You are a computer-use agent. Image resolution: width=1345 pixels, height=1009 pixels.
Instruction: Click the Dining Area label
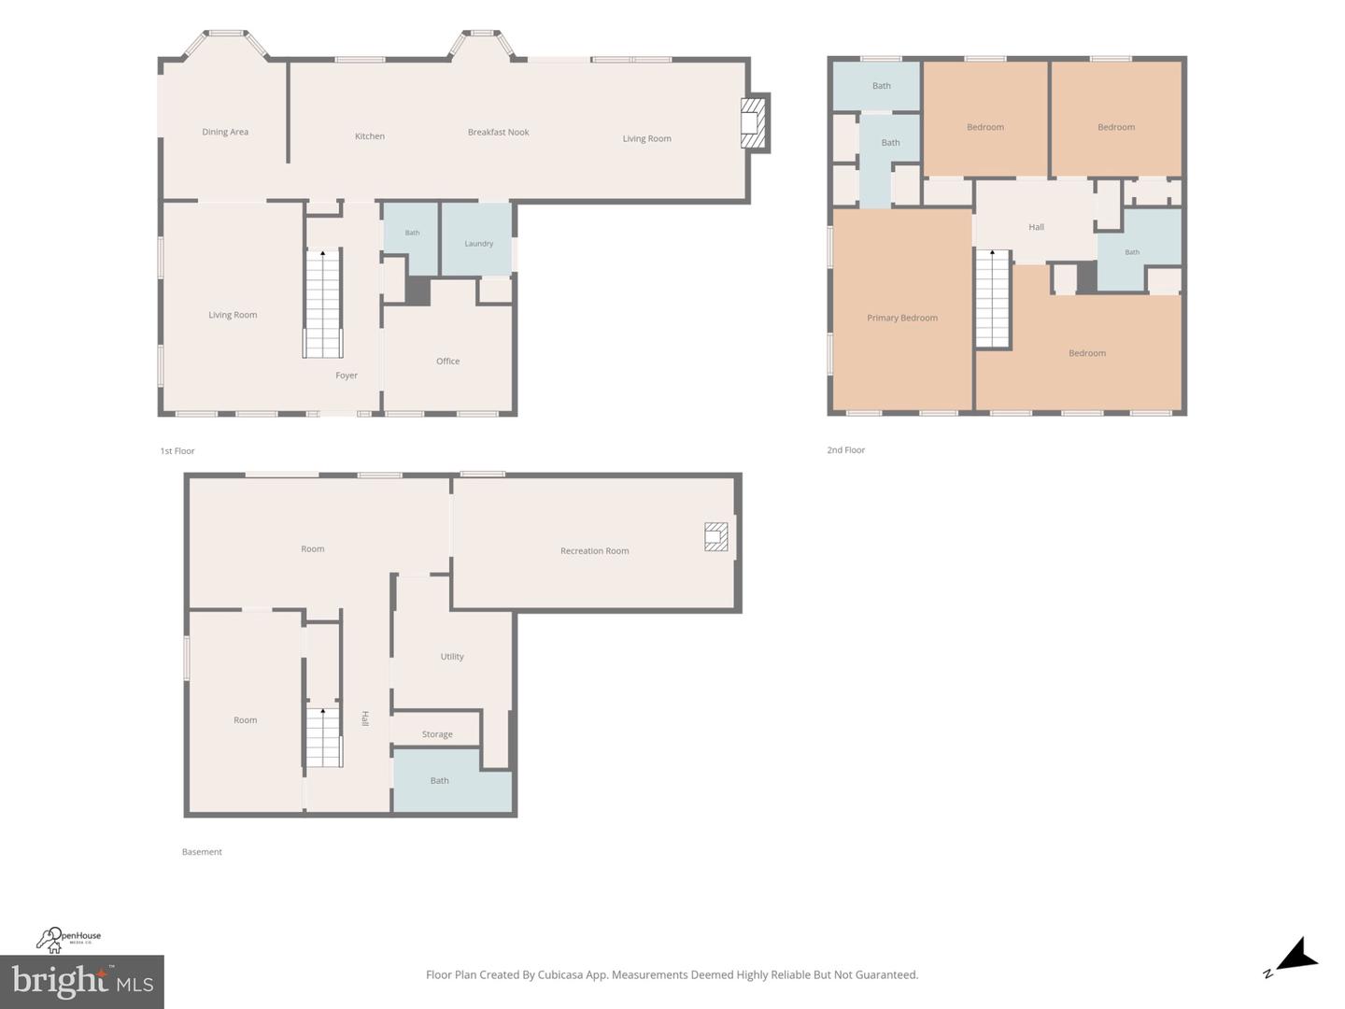click(x=225, y=132)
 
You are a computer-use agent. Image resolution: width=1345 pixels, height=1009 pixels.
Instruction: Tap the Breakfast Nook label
click(x=498, y=132)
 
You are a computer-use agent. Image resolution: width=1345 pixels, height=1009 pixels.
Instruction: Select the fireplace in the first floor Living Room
click(x=753, y=123)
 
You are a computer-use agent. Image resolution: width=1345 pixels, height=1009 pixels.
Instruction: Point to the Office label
click(x=448, y=361)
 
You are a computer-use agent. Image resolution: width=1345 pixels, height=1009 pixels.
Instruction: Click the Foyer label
click(x=347, y=376)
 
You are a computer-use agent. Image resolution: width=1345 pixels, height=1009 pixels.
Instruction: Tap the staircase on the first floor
click(x=322, y=304)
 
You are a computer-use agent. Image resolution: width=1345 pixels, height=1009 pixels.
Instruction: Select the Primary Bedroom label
click(x=902, y=318)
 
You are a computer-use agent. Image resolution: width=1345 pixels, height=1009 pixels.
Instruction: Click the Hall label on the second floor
click(x=1036, y=227)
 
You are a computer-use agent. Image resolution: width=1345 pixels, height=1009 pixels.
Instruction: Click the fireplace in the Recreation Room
click(x=715, y=536)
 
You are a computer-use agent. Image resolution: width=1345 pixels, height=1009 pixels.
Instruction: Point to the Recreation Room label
click(x=594, y=551)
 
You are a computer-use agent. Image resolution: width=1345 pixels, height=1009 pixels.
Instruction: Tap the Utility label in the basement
click(x=452, y=656)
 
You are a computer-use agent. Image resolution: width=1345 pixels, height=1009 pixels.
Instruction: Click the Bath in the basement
click(x=452, y=781)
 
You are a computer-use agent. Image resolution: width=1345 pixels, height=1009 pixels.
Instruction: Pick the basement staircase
click(x=323, y=737)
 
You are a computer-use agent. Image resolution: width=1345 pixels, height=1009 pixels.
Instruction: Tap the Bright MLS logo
click(x=82, y=982)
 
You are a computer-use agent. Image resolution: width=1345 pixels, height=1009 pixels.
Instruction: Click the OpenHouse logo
click(x=68, y=939)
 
